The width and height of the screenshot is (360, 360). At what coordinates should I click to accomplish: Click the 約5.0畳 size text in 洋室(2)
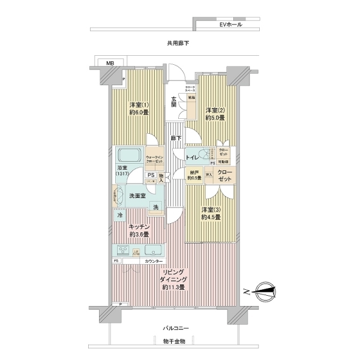tap(214, 118)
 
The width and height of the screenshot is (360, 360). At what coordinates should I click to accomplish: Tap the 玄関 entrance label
tap(173, 101)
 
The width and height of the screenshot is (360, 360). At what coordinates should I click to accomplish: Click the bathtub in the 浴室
tap(128, 154)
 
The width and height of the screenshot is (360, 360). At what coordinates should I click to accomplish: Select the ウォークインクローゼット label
tap(155, 160)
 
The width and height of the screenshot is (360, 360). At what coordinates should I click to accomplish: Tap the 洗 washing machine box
tap(155, 207)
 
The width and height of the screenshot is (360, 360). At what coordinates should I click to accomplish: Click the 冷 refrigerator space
tap(119, 215)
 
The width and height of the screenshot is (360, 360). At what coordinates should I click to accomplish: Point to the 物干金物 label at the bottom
tap(175, 341)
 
